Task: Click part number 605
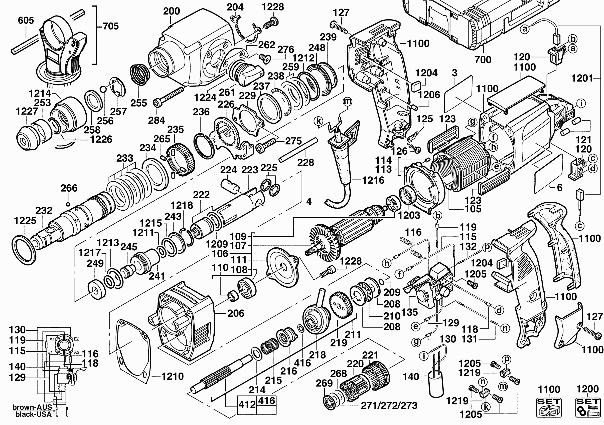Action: [x=26, y=21]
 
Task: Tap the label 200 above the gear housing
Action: [x=172, y=11]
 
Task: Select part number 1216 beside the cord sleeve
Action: [x=373, y=180]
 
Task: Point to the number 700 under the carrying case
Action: [x=483, y=60]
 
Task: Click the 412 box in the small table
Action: [x=247, y=404]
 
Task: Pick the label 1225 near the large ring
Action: [x=25, y=221]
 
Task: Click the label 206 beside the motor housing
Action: [x=236, y=313]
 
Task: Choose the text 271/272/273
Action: [x=389, y=405]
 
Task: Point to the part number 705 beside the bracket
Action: [x=110, y=26]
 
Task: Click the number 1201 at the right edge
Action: [x=582, y=78]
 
